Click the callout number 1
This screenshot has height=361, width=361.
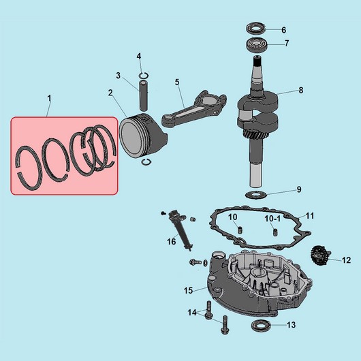pyautogui.click(x=49, y=99)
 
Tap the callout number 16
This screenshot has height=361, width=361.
pyautogui.click(x=172, y=241)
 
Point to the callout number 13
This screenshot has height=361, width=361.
pyautogui.click(x=291, y=325)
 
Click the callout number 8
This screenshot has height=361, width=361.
pyautogui.click(x=300, y=90)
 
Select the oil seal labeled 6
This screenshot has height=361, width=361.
pyautogui.click(x=257, y=29)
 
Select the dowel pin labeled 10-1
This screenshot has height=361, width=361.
pyautogui.click(x=274, y=232)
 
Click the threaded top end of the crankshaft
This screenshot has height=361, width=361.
pyautogui.click(x=259, y=67)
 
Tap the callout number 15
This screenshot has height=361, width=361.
pyautogui.click(x=189, y=290)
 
